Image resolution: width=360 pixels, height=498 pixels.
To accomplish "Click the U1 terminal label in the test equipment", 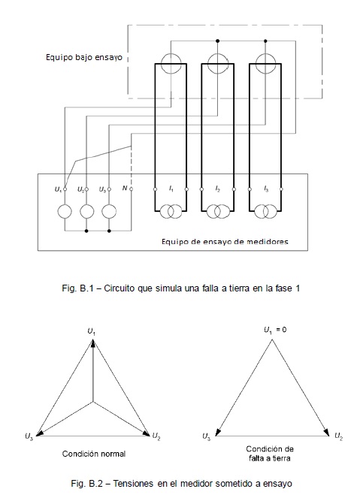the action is point(58,189).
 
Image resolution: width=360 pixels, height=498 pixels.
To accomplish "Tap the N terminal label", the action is point(125,188).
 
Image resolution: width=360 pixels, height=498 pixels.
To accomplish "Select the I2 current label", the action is point(217,189).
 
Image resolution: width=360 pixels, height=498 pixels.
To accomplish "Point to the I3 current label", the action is point(266,189).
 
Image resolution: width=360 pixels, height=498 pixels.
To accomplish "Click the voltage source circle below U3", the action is point(109,212).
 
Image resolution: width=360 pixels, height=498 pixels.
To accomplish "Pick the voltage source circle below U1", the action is point(65,212).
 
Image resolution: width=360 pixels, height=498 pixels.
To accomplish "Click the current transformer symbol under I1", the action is point(171,212).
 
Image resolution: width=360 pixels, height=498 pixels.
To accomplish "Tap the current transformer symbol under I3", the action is point(265,212).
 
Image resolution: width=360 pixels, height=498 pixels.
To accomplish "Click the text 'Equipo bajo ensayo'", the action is point(84,58).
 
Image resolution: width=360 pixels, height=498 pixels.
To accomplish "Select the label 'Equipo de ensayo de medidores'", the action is point(225,242).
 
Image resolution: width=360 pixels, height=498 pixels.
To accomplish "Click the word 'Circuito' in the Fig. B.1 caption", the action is point(117,288).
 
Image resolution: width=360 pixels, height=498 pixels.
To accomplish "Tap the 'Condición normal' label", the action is point(94,454).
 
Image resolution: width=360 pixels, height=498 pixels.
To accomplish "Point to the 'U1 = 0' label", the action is point(275,330).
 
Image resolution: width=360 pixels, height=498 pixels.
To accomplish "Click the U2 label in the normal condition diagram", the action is point(156,436).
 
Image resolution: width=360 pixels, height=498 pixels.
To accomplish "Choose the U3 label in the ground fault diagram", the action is point(207,437).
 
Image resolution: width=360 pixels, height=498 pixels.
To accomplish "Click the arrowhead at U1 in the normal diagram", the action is point(92,343).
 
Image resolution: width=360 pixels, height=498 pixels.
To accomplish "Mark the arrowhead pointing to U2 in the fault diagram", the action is point(326,433).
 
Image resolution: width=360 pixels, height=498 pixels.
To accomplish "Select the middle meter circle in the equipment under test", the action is point(218,64).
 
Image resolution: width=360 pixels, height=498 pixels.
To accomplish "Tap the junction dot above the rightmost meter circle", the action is point(265,41).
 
